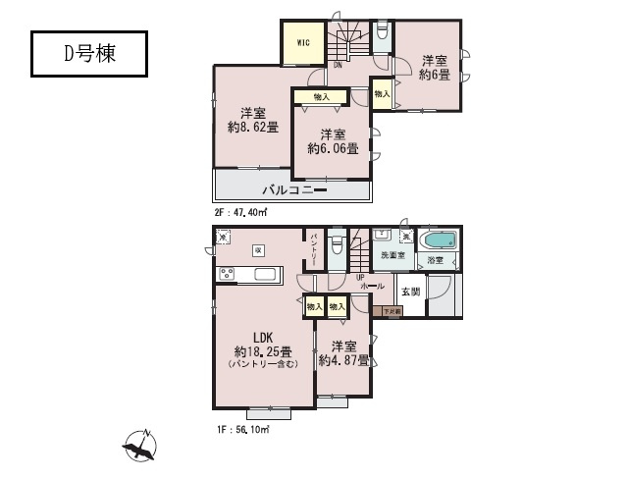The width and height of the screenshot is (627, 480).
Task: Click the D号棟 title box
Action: pyautogui.click(x=89, y=54)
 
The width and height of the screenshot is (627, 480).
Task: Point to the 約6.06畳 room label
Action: pyautogui.click(x=332, y=141)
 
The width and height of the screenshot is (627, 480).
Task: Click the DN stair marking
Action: pyautogui.click(x=337, y=66)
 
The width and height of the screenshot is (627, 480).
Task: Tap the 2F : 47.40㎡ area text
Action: pyautogui.click(x=241, y=210)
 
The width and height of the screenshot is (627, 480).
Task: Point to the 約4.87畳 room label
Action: pyautogui.click(x=343, y=353)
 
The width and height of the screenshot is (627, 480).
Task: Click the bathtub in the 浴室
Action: pyautogui.click(x=438, y=241)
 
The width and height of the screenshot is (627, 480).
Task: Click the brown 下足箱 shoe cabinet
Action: pyautogui.click(x=392, y=311)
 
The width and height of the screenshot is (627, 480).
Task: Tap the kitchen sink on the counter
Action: pyautogui.click(x=262, y=274)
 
